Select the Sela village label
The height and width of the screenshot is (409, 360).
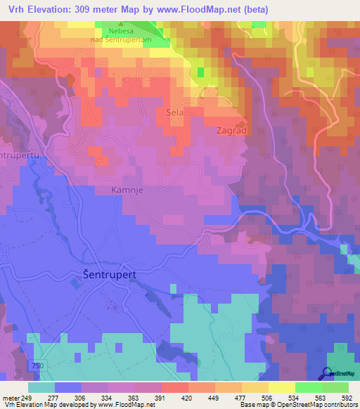click(x=174, y=112)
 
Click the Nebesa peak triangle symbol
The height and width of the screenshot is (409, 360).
click(x=120, y=25)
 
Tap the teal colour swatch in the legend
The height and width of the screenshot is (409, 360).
click(x=41, y=388)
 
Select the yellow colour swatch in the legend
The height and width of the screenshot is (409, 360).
click(x=281, y=388)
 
